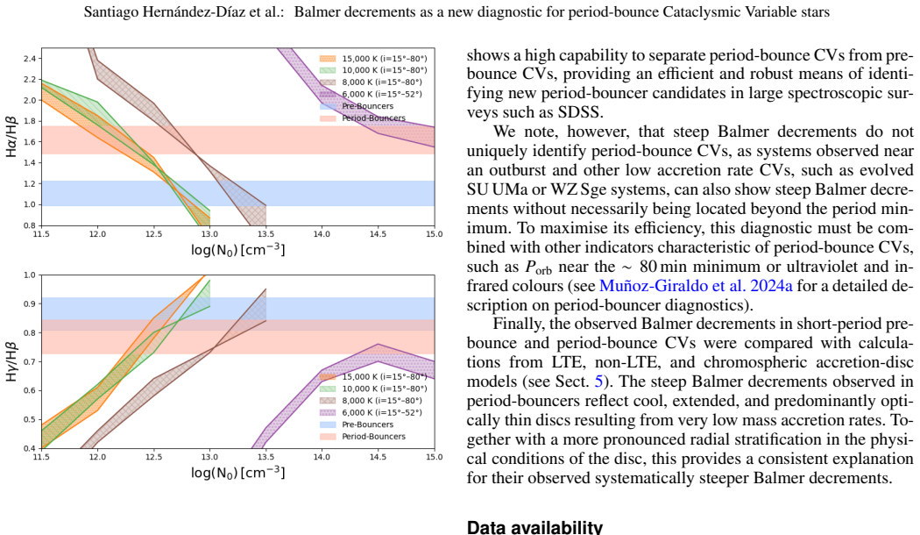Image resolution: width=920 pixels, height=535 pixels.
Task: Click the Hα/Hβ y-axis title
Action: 11,137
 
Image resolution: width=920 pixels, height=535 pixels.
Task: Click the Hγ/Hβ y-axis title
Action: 11,361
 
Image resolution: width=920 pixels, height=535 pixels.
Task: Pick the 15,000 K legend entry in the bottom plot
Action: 373,376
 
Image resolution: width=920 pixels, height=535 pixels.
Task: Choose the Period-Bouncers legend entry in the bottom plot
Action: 363,437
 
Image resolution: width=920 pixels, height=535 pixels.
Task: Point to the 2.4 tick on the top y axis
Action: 29,59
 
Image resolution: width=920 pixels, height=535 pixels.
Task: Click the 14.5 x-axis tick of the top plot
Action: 378,233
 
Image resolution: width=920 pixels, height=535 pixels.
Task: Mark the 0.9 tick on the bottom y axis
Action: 29,303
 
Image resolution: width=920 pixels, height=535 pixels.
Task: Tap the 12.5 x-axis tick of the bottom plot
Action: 153,457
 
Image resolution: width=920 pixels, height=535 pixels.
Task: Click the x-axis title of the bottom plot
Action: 237,473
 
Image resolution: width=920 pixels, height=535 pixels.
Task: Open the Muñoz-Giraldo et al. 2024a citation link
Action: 696,286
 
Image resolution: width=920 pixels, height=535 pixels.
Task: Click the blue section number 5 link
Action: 598,382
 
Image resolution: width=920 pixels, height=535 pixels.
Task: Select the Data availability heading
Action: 534,527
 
